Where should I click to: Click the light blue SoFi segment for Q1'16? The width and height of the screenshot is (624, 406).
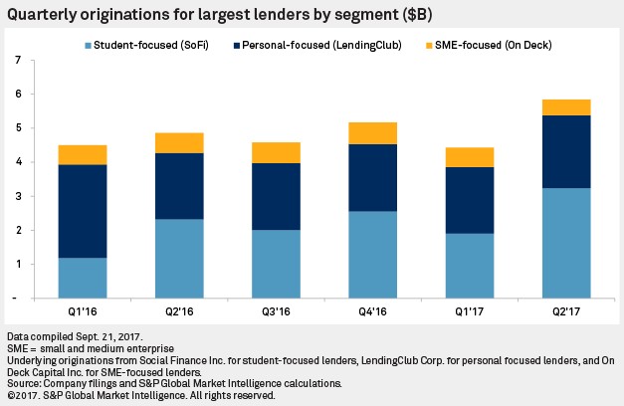110,278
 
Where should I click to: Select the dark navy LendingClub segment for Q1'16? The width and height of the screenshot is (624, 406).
110,211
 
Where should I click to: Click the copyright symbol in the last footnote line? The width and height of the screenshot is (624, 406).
8,395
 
